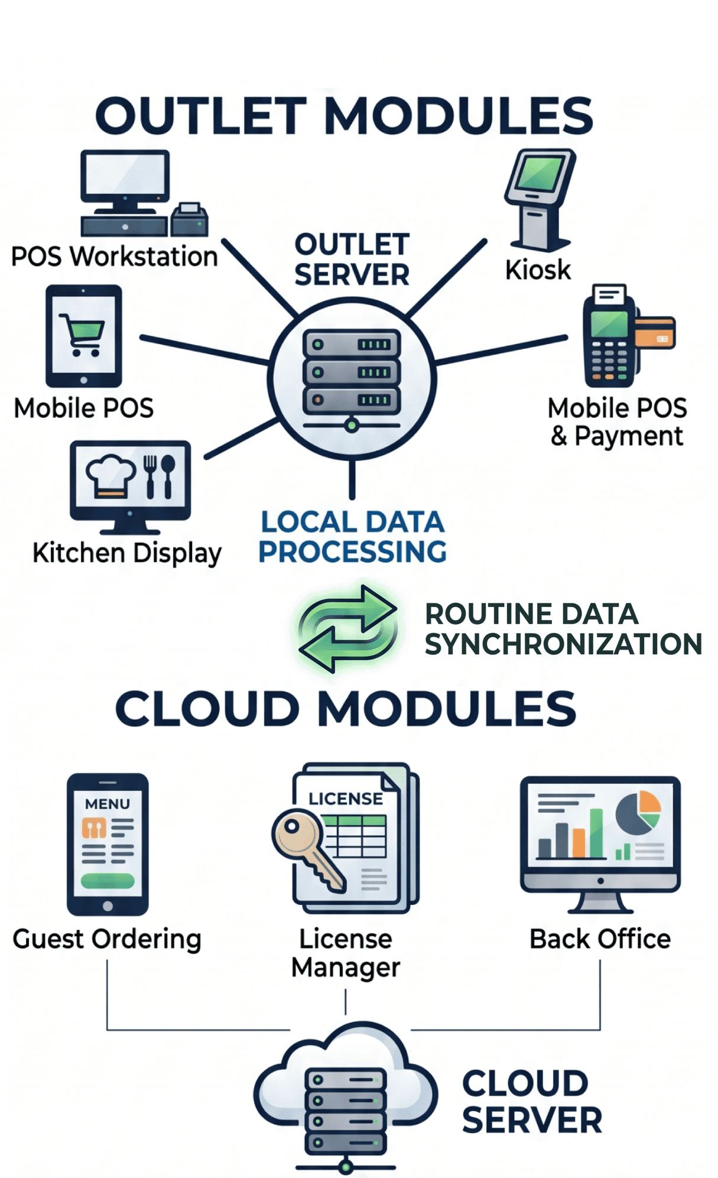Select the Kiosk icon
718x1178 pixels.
pyautogui.click(x=540, y=200)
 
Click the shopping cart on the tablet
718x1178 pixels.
pyautogui.click(x=82, y=335)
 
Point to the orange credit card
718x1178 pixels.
pyautogui.click(x=655, y=333)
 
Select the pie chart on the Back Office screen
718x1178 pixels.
pyautogui.click(x=638, y=813)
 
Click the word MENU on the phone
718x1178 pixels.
pyautogui.click(x=108, y=804)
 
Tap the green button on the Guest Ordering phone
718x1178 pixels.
pyautogui.click(x=108, y=881)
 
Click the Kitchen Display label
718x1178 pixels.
pyautogui.click(x=127, y=554)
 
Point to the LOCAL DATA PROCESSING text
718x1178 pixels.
pyautogui.click(x=352, y=537)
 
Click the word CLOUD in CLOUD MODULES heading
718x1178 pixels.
pyautogui.click(x=207, y=709)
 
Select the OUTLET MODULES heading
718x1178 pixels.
pyautogui.click(x=345, y=115)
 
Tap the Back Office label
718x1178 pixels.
pyautogui.click(x=600, y=939)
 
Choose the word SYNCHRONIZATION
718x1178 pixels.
pyautogui.click(x=564, y=644)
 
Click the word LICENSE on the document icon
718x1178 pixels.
pyautogui.click(x=346, y=799)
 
